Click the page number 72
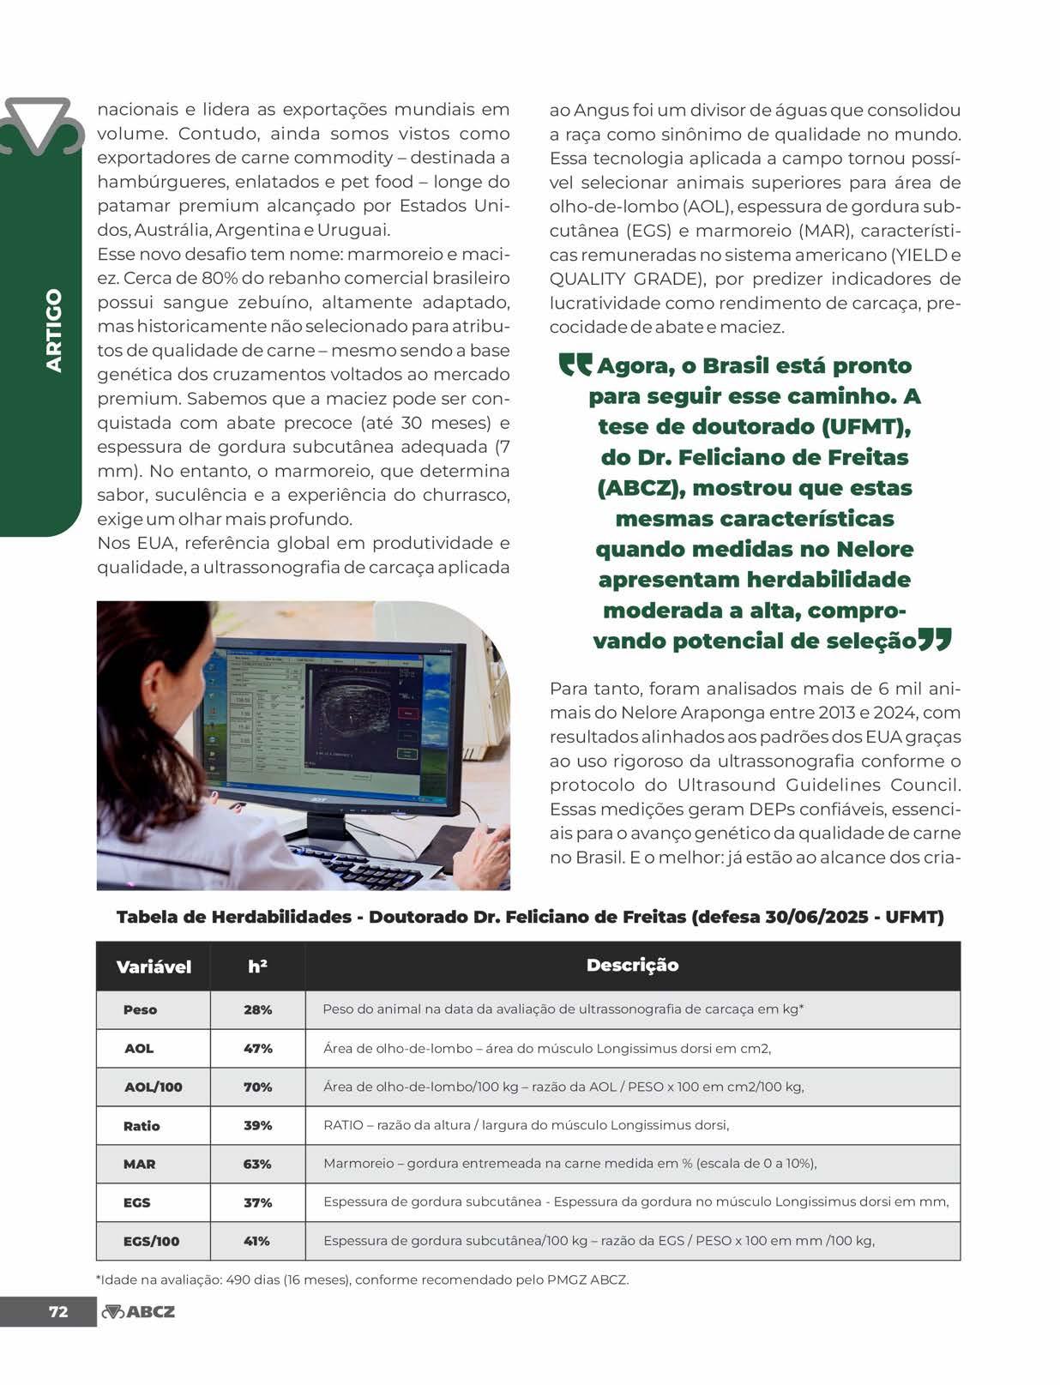click(x=57, y=1311)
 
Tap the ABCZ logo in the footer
click(x=138, y=1311)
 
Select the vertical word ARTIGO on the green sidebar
click(x=54, y=330)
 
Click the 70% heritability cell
click(x=257, y=1087)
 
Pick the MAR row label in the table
click(x=139, y=1164)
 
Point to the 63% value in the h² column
click(x=257, y=1164)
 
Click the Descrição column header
click(x=632, y=965)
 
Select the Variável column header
click(x=154, y=966)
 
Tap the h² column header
click(x=257, y=966)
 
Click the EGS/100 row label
click(x=151, y=1241)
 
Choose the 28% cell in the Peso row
click(x=257, y=1009)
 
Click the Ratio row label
click(x=142, y=1126)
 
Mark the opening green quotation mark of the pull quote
click(x=575, y=365)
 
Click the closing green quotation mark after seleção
click(x=935, y=639)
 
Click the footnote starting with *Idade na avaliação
click(x=363, y=1280)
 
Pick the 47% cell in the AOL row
click(x=257, y=1048)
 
